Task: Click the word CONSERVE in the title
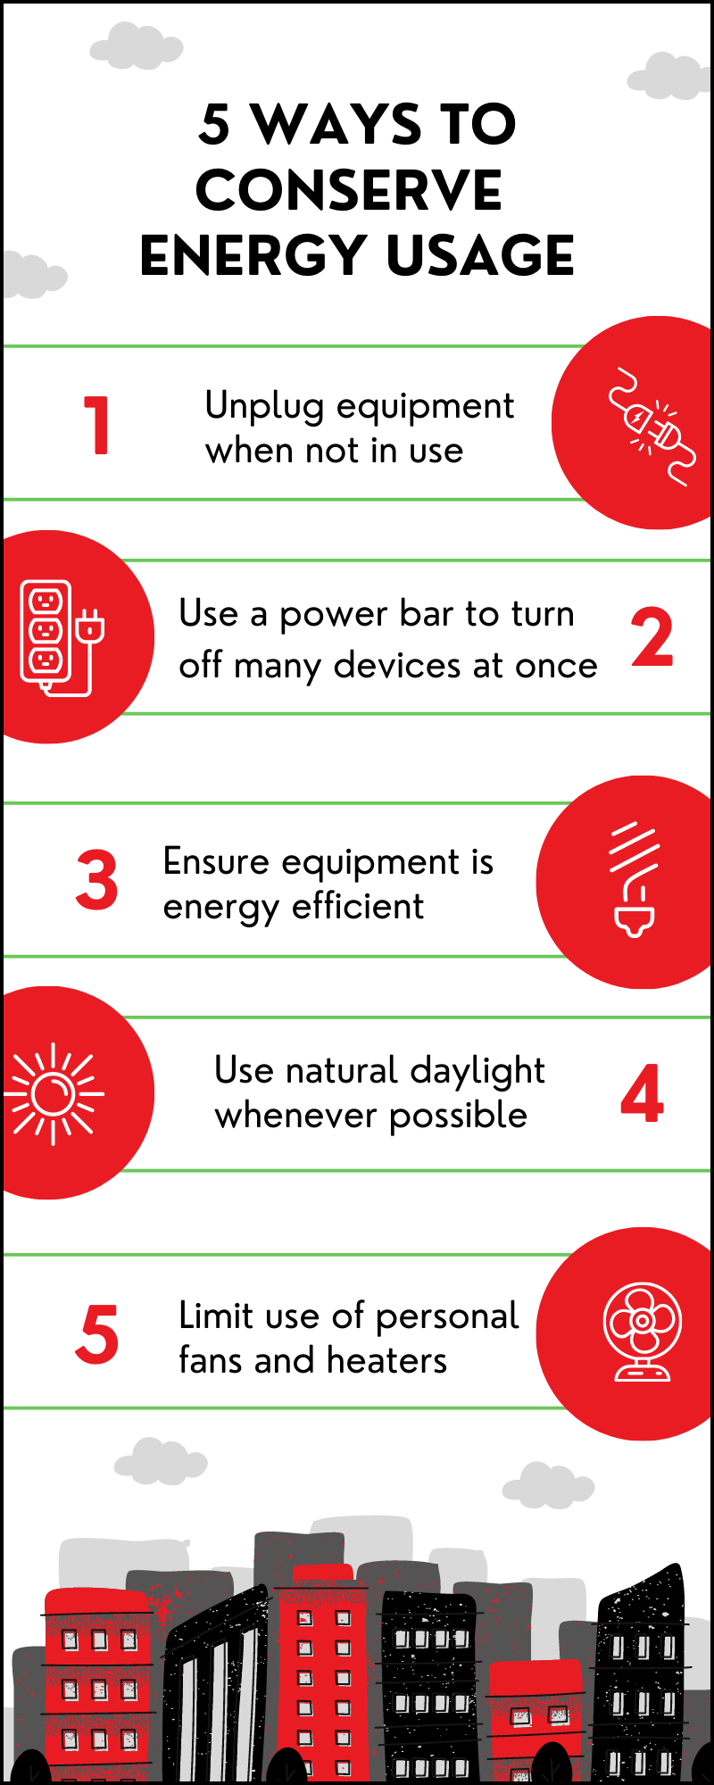pyautogui.click(x=349, y=190)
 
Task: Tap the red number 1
pyautogui.click(x=96, y=426)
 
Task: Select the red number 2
pyautogui.click(x=652, y=637)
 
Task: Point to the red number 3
pyautogui.click(x=96, y=881)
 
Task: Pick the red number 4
pyautogui.click(x=642, y=1094)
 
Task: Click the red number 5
pyautogui.click(x=96, y=1335)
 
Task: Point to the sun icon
pyautogui.click(x=54, y=1093)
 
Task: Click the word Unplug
pyautogui.click(x=264, y=407)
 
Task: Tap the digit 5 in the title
pyautogui.click(x=214, y=124)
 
